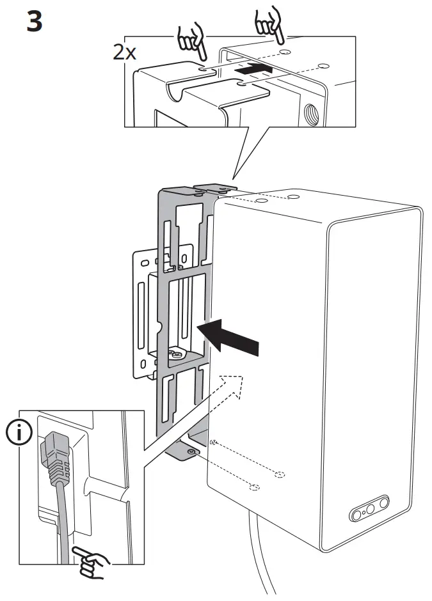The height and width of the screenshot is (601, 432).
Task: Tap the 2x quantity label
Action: (124, 52)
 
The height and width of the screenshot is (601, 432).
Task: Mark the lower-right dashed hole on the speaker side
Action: (280, 474)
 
